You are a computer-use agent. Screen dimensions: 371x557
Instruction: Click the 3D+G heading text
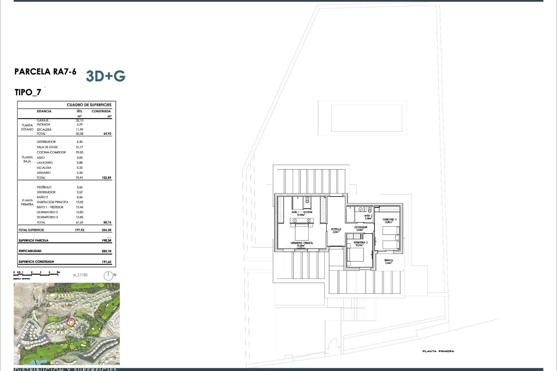tap(106, 76)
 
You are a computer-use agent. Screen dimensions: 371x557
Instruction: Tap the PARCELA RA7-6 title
tap(45, 72)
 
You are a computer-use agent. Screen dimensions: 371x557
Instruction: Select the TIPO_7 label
tap(28, 92)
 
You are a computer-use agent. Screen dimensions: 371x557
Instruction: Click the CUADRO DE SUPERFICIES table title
tap(89, 105)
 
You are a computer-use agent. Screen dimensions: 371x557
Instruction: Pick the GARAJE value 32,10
tap(79, 120)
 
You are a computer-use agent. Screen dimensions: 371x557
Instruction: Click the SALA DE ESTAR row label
tap(47, 147)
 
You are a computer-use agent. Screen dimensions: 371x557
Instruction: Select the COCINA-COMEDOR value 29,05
tap(79, 152)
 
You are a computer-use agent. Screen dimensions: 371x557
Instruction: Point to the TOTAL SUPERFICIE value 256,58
tap(106, 230)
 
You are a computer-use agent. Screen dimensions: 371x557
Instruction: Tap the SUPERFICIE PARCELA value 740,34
tap(106, 241)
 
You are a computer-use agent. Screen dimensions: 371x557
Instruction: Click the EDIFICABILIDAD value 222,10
tap(106, 251)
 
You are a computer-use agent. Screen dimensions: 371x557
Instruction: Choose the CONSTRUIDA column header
tap(101, 111)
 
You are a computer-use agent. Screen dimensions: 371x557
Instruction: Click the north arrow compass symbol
tap(108, 276)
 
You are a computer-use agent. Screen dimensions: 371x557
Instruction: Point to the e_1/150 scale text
tap(80, 275)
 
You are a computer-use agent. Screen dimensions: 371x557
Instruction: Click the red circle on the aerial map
tap(71, 322)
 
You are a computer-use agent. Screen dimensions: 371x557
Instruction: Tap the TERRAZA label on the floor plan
tap(388, 261)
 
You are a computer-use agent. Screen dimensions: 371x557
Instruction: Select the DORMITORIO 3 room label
tap(389, 220)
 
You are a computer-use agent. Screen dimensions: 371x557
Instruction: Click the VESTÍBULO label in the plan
tap(336, 229)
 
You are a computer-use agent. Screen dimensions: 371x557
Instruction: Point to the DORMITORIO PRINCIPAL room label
tap(302, 243)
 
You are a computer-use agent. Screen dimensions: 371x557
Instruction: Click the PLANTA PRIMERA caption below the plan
tap(438, 351)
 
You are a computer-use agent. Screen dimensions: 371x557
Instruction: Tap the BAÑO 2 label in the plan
tap(368, 216)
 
